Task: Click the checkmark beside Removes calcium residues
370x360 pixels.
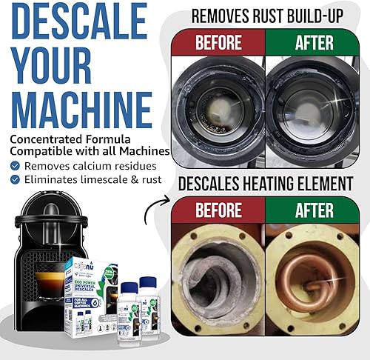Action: [x=16, y=166]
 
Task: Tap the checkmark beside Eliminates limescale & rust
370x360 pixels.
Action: [x=16, y=179]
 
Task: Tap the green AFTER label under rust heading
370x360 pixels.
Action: [x=314, y=41]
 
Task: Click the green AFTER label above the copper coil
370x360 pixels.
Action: [x=314, y=209]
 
